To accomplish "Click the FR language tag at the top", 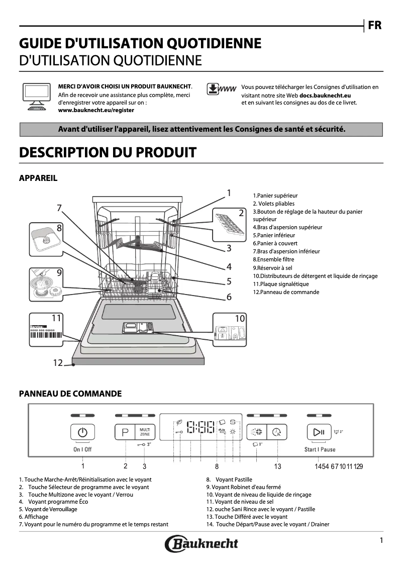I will [x=374, y=25].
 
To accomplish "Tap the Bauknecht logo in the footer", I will [x=201, y=543].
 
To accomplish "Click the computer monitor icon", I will [x=37, y=96].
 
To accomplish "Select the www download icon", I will [x=221, y=89].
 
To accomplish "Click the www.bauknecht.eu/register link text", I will [x=96, y=110].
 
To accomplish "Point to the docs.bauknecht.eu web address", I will [x=325, y=95].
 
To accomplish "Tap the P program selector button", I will [x=125, y=432].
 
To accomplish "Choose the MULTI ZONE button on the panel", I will [x=145, y=432].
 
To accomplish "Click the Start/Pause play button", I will [x=319, y=432].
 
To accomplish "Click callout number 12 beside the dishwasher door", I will [x=58, y=362].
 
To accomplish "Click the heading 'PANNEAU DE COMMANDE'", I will [x=70, y=394].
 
